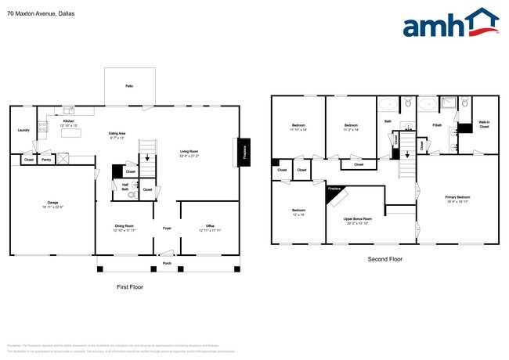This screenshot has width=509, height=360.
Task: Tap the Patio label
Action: (128, 86)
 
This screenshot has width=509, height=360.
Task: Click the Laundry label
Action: (23, 131)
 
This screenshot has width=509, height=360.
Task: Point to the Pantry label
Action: (46, 160)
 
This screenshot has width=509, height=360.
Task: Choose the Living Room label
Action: (190, 153)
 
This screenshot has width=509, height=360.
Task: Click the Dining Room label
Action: (125, 227)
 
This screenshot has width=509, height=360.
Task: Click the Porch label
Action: (167, 263)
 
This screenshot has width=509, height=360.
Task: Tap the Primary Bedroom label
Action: (457, 198)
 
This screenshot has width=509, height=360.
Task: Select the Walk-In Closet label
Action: (484, 124)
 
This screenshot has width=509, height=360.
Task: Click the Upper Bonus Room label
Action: (358, 220)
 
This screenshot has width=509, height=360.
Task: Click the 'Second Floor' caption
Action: (384, 258)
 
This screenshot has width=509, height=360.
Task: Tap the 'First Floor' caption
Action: (130, 287)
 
